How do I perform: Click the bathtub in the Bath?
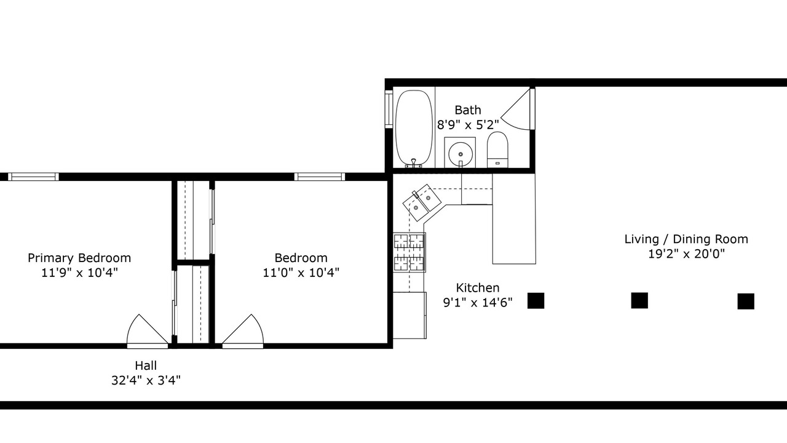pos(414,129)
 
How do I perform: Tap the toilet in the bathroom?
pos(497,150)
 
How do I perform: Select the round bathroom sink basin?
pos(461,154)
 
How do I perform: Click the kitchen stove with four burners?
pos(409,252)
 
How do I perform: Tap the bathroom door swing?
pos(515,110)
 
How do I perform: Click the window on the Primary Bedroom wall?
pos(33,177)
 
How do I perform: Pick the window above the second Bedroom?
pos(319,177)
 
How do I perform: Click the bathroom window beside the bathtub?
pos(389,110)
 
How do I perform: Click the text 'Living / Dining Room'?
pos(686,239)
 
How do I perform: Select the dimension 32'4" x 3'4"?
pos(146,380)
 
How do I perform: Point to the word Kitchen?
pos(478,287)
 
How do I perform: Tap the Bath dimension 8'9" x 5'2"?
pos(468,124)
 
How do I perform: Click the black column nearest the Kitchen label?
pos(536,301)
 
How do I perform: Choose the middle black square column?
pos(639,301)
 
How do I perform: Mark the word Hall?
pos(146,365)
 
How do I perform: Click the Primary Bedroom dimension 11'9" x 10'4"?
pos(79,273)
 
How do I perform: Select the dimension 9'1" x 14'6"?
pos(478,302)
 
